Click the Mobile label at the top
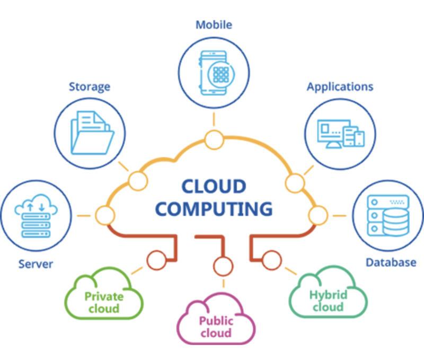click(214, 25)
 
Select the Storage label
click(90, 87)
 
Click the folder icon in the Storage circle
click(92, 133)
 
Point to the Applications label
click(340, 87)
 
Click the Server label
click(36, 264)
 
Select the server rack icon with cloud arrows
click(36, 216)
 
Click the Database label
click(391, 262)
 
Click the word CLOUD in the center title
click(214, 186)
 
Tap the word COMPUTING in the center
click(214, 209)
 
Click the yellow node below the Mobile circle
click(214, 139)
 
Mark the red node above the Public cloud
click(223, 266)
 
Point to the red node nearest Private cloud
click(156, 260)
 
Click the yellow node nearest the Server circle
click(105, 215)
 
